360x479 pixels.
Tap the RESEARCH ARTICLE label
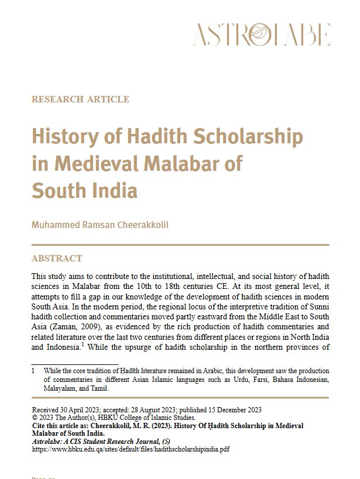pyautogui.click(x=80, y=99)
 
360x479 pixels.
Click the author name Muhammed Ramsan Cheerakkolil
pyautogui.click(x=100, y=225)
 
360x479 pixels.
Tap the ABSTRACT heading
pyautogui.click(x=57, y=258)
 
